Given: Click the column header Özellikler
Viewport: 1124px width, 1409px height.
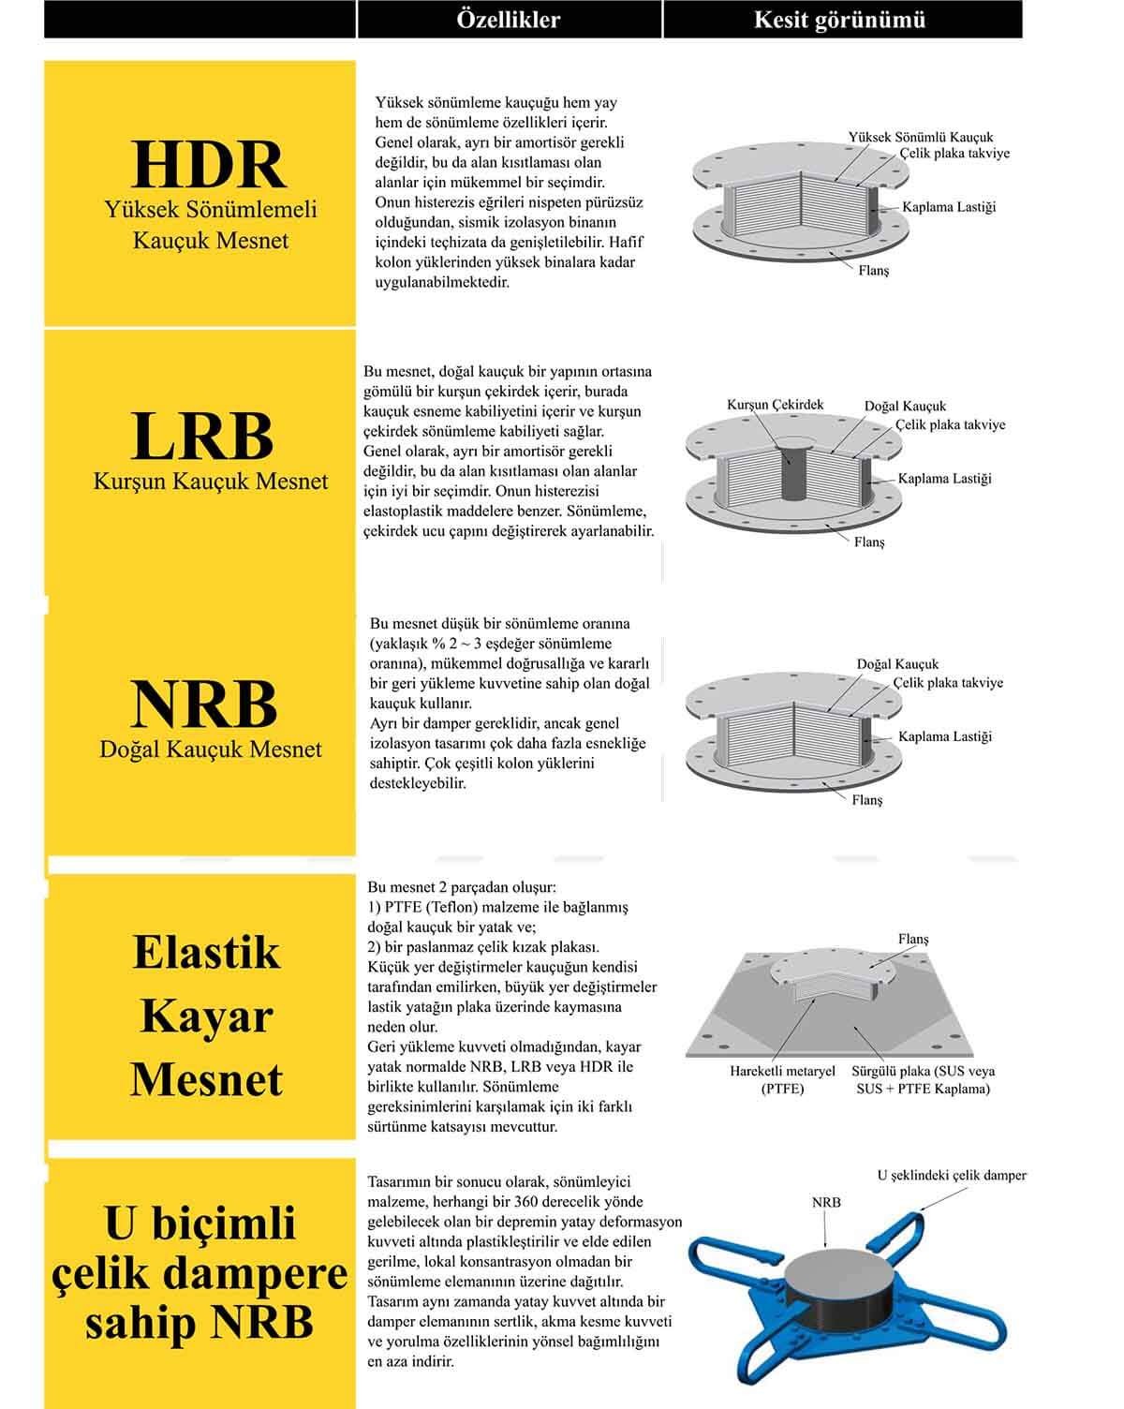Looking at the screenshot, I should [509, 19].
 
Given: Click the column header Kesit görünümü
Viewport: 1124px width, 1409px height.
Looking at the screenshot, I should [840, 19].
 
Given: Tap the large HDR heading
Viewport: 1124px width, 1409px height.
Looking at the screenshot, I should [208, 165].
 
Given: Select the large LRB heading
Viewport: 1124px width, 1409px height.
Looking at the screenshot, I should [202, 436].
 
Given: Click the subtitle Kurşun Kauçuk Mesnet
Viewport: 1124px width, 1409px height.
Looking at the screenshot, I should [211, 482].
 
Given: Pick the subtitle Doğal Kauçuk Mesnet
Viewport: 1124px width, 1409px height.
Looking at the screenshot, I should [211, 749].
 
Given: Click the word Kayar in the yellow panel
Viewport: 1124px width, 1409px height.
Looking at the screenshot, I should [206, 1016].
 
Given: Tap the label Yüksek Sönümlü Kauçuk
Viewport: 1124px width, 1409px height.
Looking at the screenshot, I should [920, 137].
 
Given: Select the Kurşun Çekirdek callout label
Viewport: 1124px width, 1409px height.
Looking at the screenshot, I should [775, 405].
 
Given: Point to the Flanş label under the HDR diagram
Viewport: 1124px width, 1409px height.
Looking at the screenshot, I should [873, 270].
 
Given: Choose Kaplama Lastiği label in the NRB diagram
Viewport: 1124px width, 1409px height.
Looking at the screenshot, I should [944, 736].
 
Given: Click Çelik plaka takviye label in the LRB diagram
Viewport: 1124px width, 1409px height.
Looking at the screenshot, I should [950, 424].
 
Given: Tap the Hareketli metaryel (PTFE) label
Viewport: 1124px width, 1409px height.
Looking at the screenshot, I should [782, 1079].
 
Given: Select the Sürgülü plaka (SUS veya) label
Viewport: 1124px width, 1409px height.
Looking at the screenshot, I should [923, 1071].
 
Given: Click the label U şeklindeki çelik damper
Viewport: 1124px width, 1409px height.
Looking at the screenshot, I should [952, 1175].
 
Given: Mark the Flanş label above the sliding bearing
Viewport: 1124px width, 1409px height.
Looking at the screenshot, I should [913, 939].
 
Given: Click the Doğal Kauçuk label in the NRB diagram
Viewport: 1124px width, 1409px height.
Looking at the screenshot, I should [897, 664].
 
